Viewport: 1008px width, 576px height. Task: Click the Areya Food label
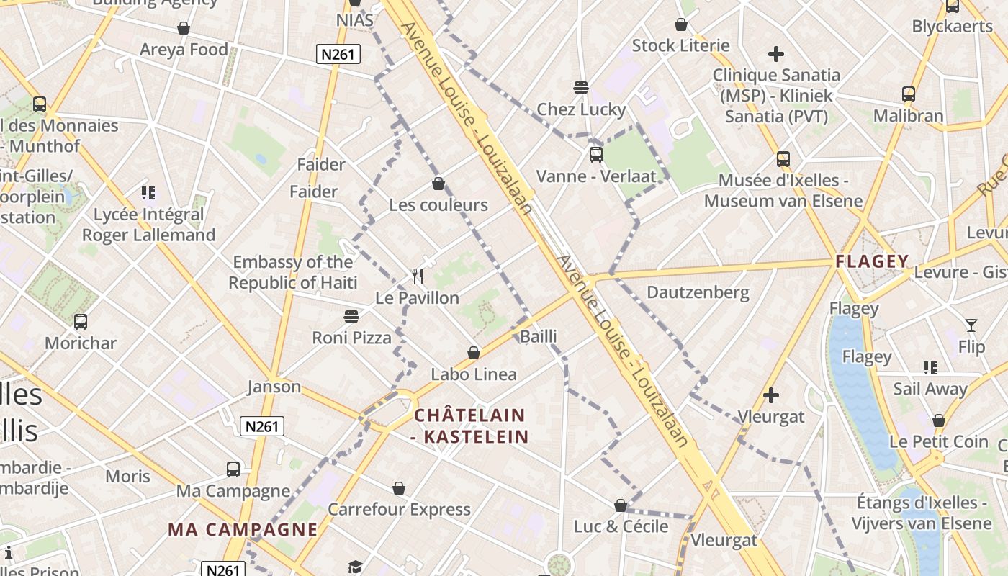pos(184,50)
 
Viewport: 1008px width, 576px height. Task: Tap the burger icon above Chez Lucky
pos(581,88)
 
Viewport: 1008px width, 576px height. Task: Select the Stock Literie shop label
pos(680,46)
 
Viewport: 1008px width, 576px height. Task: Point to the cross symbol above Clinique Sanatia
pos(775,54)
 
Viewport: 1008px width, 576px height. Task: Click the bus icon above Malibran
pos(909,94)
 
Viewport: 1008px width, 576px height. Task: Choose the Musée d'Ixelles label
pos(783,191)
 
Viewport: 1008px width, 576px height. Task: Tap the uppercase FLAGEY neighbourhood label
pos(872,261)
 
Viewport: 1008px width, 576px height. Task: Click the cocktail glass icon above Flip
pos(971,325)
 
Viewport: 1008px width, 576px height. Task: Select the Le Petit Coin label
pos(938,442)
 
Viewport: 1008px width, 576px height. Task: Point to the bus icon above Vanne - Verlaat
pos(595,154)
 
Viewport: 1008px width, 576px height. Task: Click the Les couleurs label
pos(438,205)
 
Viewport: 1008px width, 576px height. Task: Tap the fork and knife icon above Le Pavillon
pos(418,276)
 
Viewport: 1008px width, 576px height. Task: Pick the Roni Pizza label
pos(351,338)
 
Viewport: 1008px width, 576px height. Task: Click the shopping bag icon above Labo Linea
pos(474,353)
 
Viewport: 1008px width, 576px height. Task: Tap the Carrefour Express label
pos(399,510)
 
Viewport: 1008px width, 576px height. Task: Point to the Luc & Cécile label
pos(621,526)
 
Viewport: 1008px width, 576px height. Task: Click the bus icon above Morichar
pos(81,322)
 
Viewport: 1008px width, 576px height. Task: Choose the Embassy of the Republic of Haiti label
pos(292,272)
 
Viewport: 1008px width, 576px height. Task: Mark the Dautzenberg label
pos(698,292)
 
